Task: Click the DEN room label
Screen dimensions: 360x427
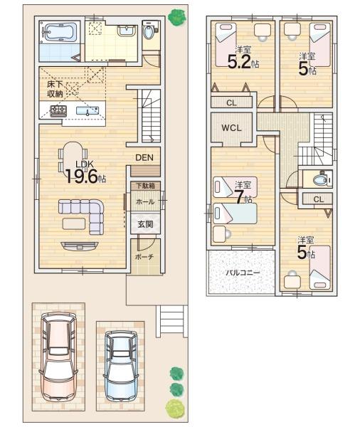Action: [x=144, y=157]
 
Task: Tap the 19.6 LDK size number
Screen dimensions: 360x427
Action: [x=81, y=176]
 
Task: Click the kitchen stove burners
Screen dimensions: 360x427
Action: [x=58, y=111]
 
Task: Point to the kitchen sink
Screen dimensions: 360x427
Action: [x=87, y=111]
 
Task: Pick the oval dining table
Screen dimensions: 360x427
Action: [x=72, y=159]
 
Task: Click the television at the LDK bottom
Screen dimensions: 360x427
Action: [x=79, y=246]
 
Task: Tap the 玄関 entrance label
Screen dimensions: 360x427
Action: [x=145, y=224]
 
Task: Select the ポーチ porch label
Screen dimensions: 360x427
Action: [x=144, y=256]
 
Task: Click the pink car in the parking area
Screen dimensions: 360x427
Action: [x=58, y=357]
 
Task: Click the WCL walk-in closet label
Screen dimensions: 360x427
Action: [x=231, y=127]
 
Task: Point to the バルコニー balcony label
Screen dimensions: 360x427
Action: [x=243, y=273]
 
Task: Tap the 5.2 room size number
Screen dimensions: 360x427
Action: [x=239, y=62]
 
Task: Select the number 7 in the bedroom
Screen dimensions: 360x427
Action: [x=239, y=197]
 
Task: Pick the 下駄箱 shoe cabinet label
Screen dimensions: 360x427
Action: [x=145, y=186]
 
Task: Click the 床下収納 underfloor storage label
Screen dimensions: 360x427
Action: [x=55, y=89]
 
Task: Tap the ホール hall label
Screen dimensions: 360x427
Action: [x=145, y=202]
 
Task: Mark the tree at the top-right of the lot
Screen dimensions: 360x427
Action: [x=177, y=17]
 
